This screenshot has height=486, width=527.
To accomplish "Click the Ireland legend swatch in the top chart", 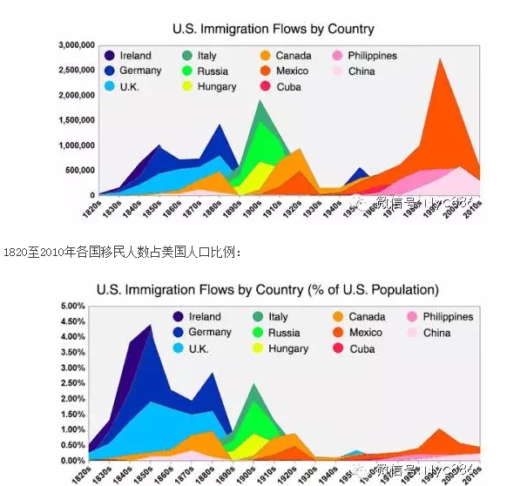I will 108,56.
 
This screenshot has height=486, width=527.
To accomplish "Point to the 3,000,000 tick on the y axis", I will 76,44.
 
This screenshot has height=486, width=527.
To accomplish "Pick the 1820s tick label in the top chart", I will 91,211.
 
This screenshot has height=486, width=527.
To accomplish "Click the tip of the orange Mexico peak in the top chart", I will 443,59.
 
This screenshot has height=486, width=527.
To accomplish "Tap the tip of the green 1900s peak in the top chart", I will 260,101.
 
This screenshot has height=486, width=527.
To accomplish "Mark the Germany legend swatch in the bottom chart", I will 179,333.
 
